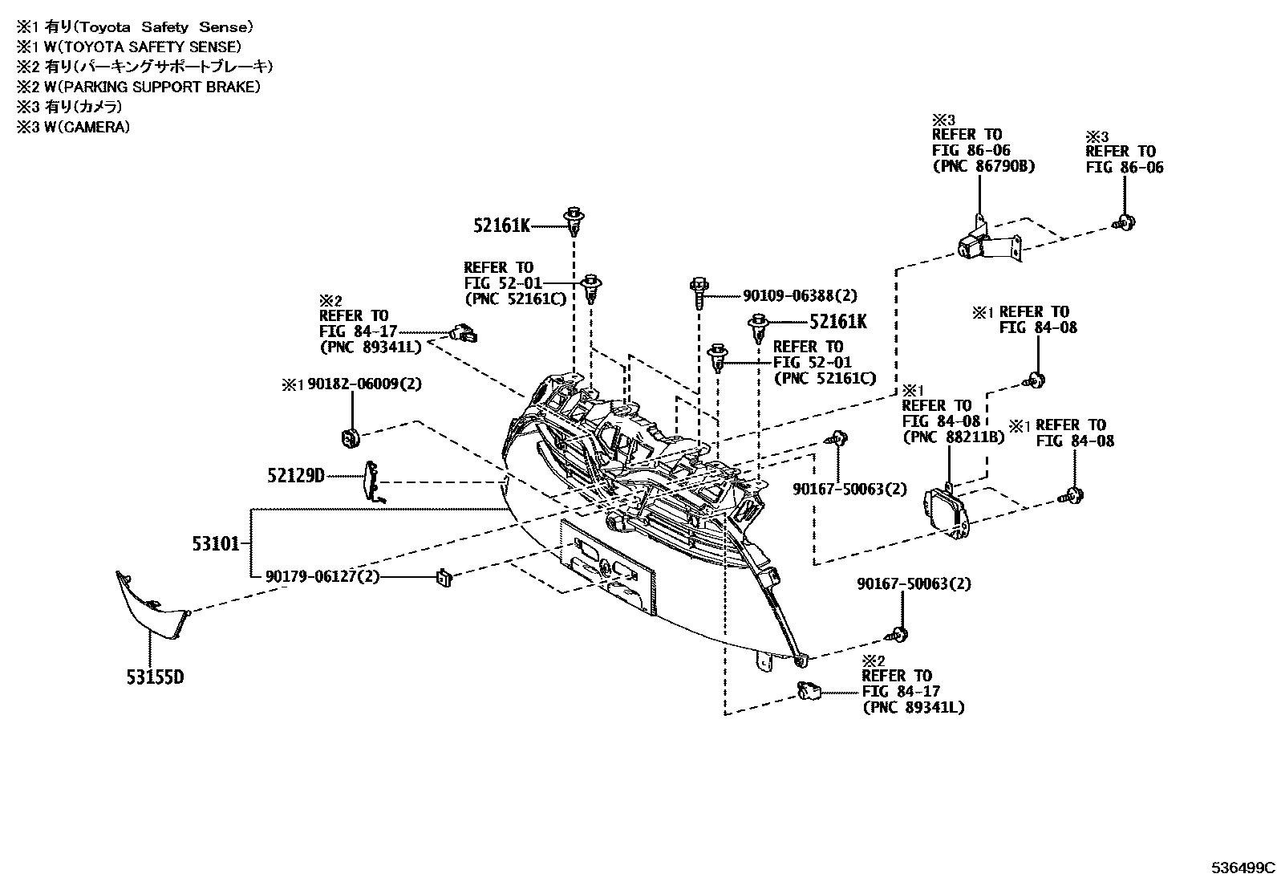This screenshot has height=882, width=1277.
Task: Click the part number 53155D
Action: [154, 677]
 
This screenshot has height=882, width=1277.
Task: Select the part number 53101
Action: [216, 544]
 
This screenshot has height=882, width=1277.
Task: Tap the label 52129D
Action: [295, 476]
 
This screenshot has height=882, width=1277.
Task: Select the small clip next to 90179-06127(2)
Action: [443, 576]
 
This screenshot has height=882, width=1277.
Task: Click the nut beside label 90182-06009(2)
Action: [347, 438]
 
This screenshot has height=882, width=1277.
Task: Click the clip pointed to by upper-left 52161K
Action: [573, 220]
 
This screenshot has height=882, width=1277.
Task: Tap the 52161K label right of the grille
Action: [837, 322]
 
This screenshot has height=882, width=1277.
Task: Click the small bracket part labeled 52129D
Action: [371, 482]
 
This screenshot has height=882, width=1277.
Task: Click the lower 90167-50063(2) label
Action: [913, 583]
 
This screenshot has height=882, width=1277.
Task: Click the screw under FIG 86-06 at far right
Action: [1125, 222]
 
